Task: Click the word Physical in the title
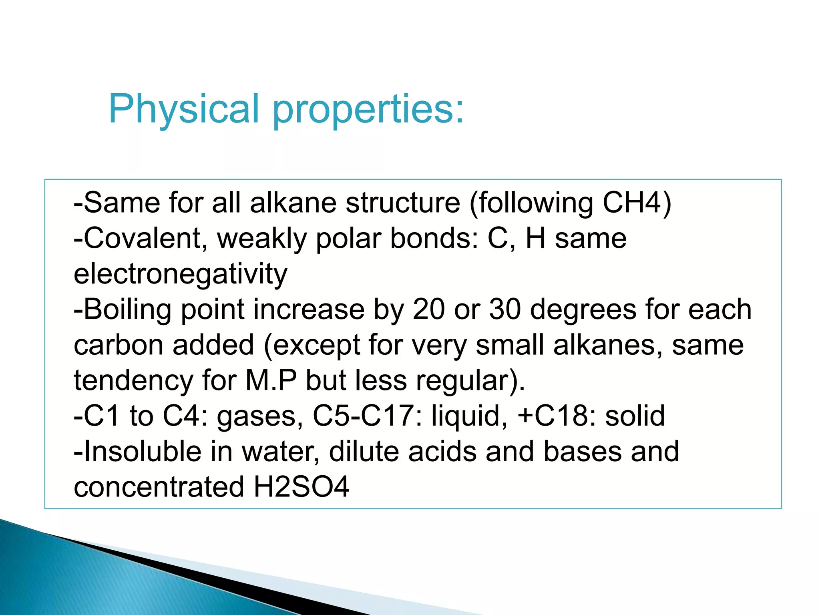(x=184, y=109)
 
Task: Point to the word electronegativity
(x=181, y=275)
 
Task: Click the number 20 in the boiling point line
(x=429, y=310)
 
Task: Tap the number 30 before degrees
(x=505, y=310)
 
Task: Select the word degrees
(x=583, y=310)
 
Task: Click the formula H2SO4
(x=301, y=487)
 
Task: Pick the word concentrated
(x=159, y=487)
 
